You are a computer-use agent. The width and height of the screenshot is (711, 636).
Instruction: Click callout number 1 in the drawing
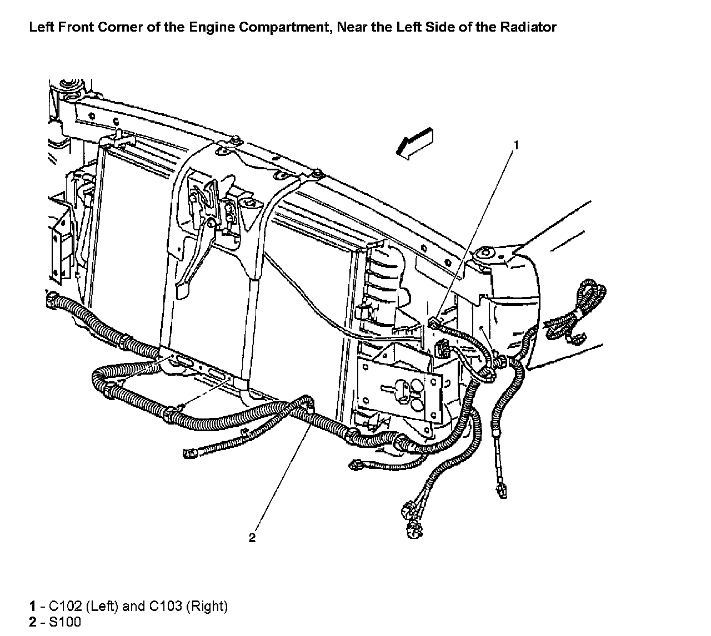[x=515, y=145]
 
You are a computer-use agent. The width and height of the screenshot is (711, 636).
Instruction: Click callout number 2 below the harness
[x=252, y=537]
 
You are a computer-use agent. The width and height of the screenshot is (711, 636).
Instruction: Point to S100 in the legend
[x=65, y=622]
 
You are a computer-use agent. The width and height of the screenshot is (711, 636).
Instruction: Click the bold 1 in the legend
[x=33, y=606]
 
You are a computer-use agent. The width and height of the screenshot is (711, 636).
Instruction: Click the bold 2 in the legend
[x=33, y=622]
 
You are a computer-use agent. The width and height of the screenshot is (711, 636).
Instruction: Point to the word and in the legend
[x=133, y=606]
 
